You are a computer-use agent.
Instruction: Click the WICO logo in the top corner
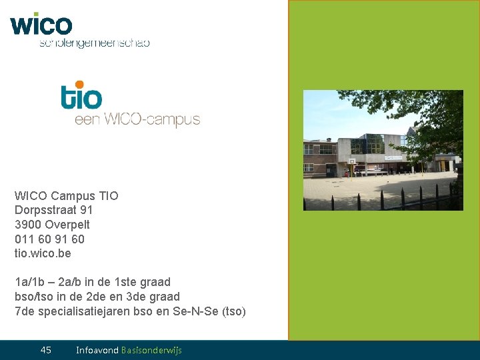[x=41, y=25]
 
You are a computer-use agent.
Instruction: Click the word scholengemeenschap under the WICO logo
[x=94, y=43]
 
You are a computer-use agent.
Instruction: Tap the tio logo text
[x=81, y=97]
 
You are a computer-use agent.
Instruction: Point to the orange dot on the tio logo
[x=80, y=85]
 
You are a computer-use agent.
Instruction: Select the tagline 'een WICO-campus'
[x=137, y=120]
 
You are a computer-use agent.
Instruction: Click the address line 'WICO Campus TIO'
[x=67, y=196]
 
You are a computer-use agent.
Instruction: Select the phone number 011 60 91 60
[x=49, y=239]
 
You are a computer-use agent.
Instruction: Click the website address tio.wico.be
[x=43, y=253]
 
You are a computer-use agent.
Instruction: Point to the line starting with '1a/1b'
[x=93, y=282]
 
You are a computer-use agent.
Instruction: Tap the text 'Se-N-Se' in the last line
[x=201, y=311]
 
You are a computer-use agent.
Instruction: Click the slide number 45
[x=46, y=350]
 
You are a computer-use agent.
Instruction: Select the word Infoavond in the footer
[x=97, y=350]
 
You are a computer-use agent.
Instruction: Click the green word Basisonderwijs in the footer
[x=151, y=350]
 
